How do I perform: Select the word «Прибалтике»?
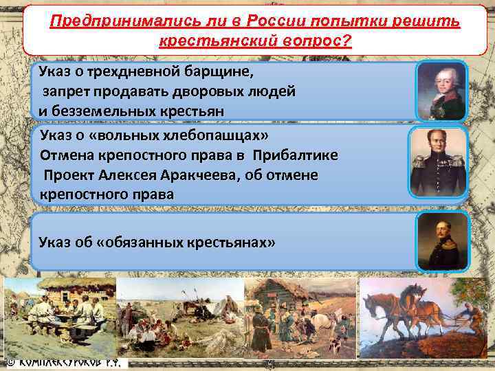[295, 155]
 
